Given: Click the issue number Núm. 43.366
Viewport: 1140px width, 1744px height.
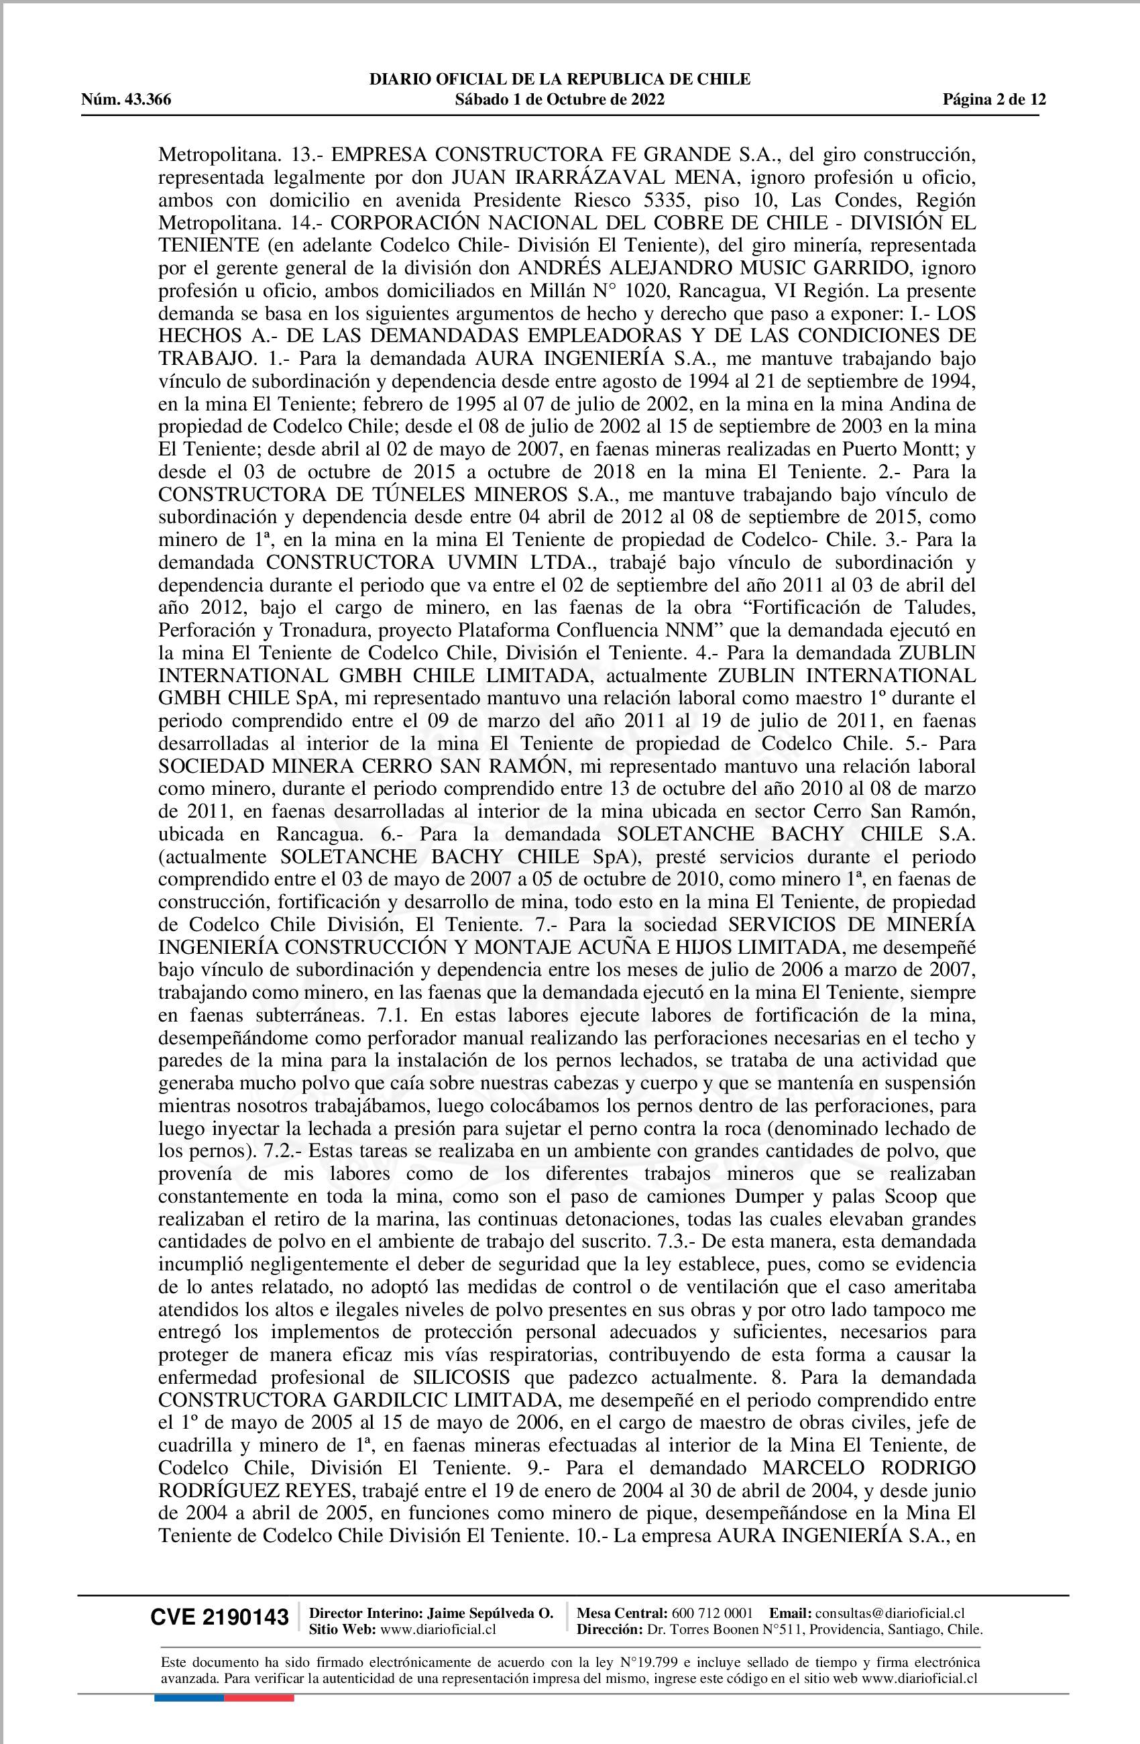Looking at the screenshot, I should point(126,100).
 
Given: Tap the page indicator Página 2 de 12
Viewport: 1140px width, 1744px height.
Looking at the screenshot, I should point(994,100).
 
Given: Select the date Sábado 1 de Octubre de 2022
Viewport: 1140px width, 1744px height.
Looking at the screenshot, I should point(560,100).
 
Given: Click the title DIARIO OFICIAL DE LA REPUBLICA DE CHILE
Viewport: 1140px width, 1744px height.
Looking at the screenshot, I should point(560,79).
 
